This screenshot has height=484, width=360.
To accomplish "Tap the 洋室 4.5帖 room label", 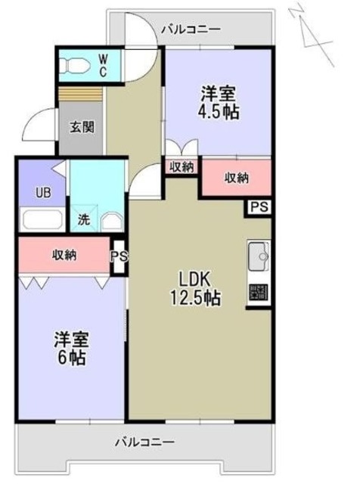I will [x=218, y=103].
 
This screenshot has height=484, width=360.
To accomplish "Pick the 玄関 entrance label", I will [x=82, y=127].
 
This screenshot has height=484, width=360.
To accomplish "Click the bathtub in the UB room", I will [x=42, y=221].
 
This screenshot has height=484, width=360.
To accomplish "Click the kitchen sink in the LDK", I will [x=258, y=254].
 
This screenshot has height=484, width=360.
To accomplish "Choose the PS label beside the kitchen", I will [x=259, y=206].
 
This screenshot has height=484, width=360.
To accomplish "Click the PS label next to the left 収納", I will [x=119, y=256].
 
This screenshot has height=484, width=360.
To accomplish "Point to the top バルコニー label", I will [x=191, y=29].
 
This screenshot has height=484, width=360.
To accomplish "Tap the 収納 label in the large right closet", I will [x=236, y=178].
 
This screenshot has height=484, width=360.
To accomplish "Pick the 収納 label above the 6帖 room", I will [x=64, y=255].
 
